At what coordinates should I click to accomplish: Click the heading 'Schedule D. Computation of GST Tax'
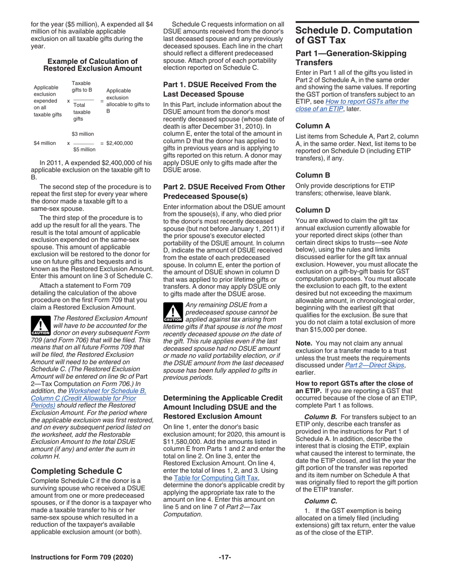(353, 36)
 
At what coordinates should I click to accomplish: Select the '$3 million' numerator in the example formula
(83, 134)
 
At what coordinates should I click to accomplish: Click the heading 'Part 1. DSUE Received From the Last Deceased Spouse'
(219, 89)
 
